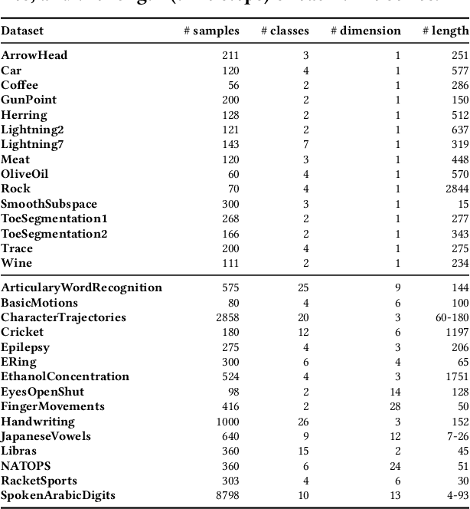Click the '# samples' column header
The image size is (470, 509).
[211, 31]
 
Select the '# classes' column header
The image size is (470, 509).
[285, 31]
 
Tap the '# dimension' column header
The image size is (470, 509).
[365, 31]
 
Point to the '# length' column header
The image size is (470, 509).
[445, 31]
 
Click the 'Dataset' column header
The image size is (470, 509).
[22, 31]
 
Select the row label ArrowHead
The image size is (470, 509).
[34, 55]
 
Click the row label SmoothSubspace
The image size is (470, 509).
[49, 204]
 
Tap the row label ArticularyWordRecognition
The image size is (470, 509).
[81, 287]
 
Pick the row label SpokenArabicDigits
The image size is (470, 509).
[58, 495]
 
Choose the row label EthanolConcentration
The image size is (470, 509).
[65, 376]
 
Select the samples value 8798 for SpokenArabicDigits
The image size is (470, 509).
[225, 495]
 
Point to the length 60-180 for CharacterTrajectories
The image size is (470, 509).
[450, 317]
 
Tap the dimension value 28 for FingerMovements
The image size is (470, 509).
[394, 406]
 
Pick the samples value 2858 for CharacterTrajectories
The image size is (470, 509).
[225, 317]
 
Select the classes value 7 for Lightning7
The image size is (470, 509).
[305, 144]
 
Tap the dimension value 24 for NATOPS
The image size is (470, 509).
[394, 465]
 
